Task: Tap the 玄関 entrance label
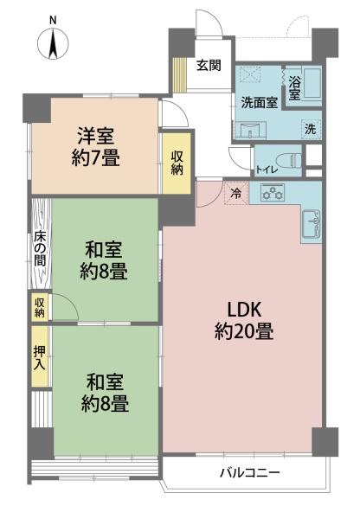[209, 65]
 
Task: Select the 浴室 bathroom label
[294, 88]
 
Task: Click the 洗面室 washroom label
[259, 103]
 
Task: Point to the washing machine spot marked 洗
[311, 129]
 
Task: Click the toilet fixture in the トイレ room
[294, 161]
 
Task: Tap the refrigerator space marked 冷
[236, 194]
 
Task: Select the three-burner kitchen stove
[273, 193]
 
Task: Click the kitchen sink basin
[312, 223]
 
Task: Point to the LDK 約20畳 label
[244, 320]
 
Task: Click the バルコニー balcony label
[250, 472]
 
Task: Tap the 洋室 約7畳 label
[96, 146]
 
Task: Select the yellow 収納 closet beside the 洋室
[177, 163]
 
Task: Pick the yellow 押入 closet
[40, 356]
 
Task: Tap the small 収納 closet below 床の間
[40, 307]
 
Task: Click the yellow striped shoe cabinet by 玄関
[181, 75]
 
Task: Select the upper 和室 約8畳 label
[104, 261]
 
